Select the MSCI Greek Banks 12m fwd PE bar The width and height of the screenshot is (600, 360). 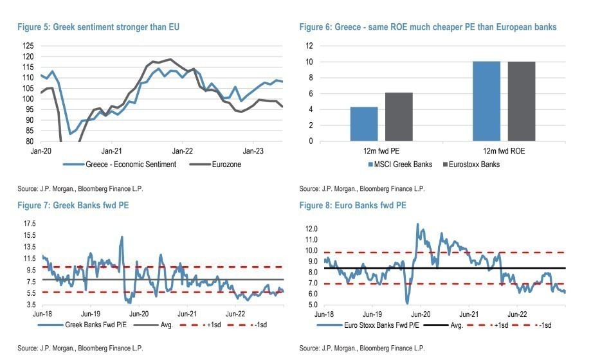click(x=364, y=123)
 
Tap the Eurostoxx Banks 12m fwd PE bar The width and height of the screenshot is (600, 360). click(x=399, y=116)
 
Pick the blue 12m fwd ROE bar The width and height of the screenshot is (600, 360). click(x=486, y=101)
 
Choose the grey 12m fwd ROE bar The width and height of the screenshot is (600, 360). click(x=522, y=101)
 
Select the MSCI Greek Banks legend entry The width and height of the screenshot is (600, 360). click(x=398, y=165)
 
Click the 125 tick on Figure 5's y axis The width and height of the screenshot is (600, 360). click(x=28, y=46)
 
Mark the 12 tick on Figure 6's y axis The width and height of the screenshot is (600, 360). click(x=309, y=46)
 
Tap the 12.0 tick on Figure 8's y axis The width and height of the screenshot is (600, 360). click(x=311, y=229)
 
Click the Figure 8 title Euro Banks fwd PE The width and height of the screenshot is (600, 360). click(x=352, y=205)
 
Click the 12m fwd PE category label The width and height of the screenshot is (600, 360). click(x=382, y=150)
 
